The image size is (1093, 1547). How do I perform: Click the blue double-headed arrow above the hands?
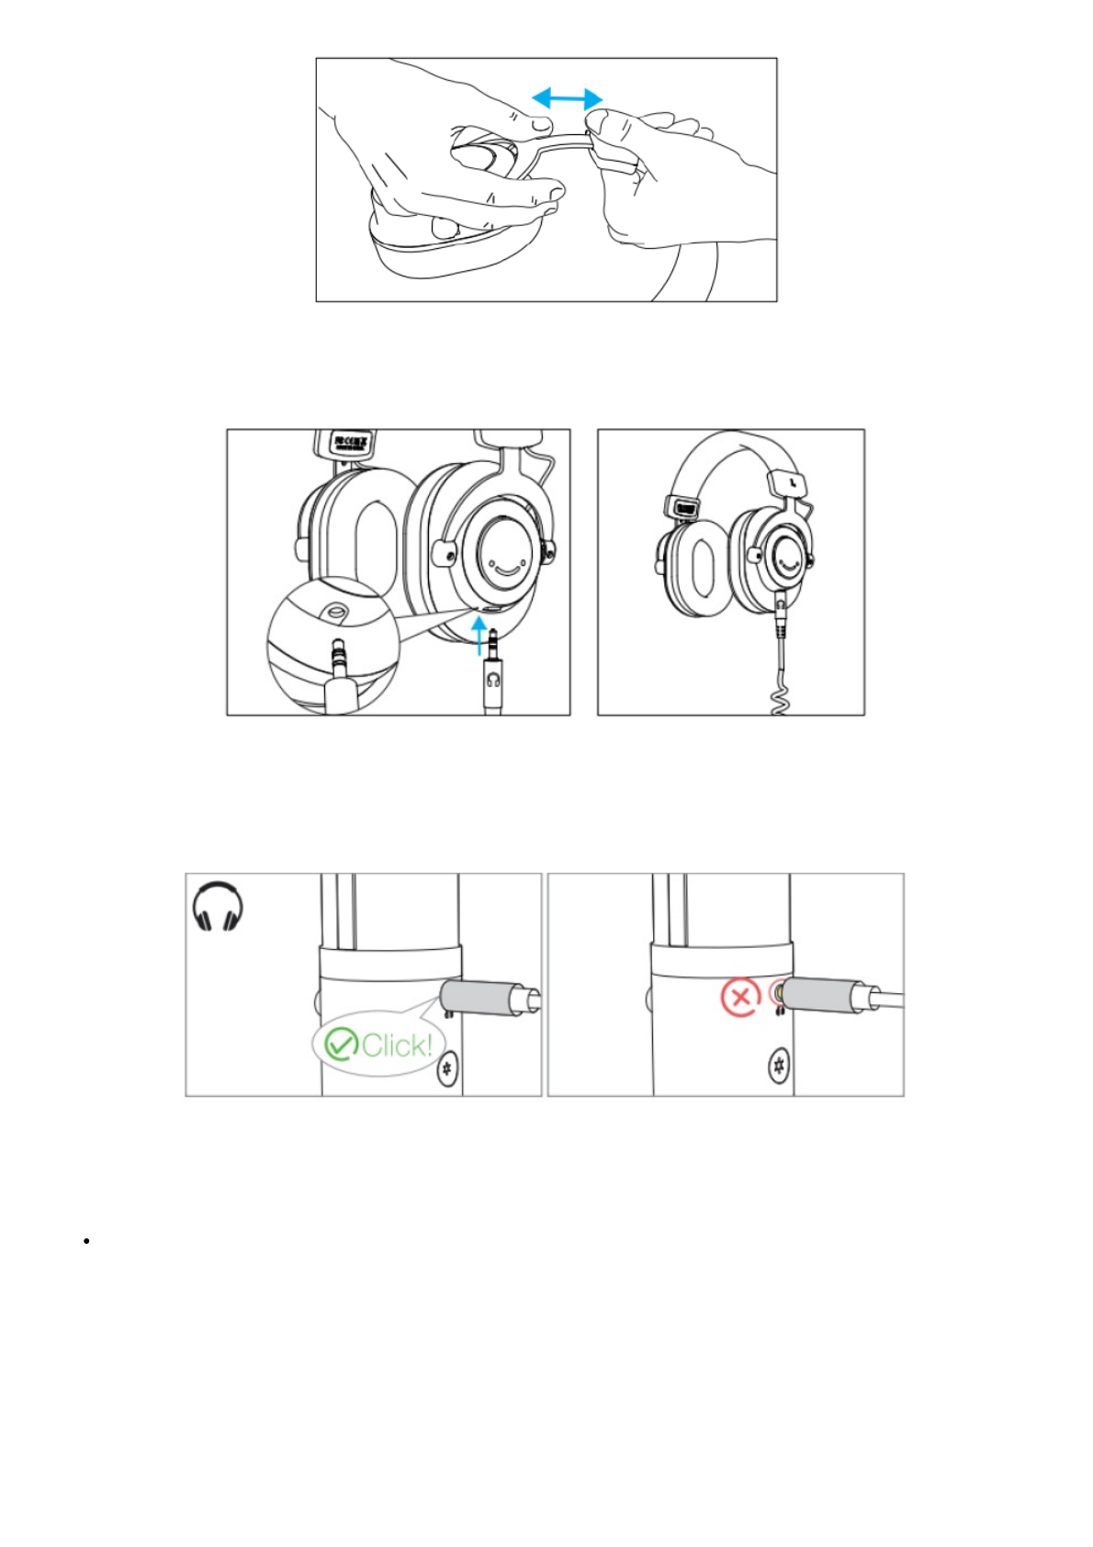tap(568, 98)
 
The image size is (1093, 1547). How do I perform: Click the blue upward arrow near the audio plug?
tap(479, 635)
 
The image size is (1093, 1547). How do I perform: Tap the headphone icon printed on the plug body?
tap(494, 680)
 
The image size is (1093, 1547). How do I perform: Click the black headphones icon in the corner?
tap(218, 907)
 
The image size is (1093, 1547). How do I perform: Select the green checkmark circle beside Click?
tap(342, 1044)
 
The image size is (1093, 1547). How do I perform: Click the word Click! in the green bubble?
tap(396, 1045)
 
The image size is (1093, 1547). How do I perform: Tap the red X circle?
tap(739, 997)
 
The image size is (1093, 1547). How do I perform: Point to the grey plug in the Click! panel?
tap(477, 997)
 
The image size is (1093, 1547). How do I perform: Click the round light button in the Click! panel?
tap(447, 1068)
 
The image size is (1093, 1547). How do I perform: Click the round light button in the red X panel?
tap(780, 1067)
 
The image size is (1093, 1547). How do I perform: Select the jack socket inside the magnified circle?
tap(335, 609)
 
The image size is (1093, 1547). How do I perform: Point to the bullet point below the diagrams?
tap(85, 1241)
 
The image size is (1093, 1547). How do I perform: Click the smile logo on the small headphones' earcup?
tap(788, 556)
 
